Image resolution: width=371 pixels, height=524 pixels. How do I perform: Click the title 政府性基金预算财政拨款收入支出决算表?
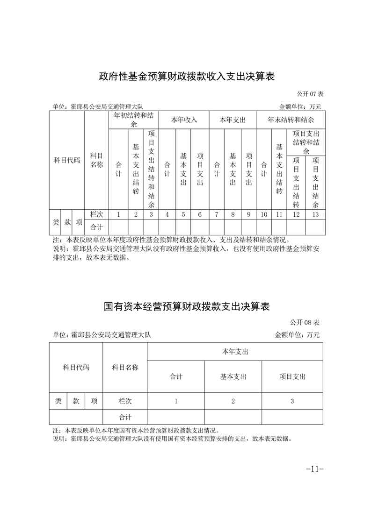[186, 76]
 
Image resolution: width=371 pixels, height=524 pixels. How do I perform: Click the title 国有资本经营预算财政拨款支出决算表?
[186, 306]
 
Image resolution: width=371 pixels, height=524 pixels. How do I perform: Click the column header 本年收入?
[184, 120]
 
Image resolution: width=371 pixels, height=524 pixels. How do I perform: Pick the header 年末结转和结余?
[291, 120]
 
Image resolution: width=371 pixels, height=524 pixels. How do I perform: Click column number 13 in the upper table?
[315, 214]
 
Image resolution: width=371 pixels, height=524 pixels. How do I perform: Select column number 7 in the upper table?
[217, 214]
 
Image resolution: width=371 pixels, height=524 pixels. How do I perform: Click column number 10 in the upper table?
[264, 214]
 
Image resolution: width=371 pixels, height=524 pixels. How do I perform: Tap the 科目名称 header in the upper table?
[96, 160]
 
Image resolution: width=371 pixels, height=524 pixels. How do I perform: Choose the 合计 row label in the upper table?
[96, 227]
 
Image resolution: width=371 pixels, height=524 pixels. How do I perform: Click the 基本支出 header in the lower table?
[233, 376]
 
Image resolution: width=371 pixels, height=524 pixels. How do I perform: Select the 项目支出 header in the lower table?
[292, 376]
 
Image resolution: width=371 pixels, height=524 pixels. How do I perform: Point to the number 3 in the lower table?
[292, 401]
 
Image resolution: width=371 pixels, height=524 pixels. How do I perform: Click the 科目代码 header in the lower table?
[76, 368]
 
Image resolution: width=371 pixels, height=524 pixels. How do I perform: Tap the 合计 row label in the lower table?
[125, 417]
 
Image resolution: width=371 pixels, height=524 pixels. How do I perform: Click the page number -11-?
[314, 469]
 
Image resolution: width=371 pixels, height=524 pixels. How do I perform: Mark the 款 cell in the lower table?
[76, 401]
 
